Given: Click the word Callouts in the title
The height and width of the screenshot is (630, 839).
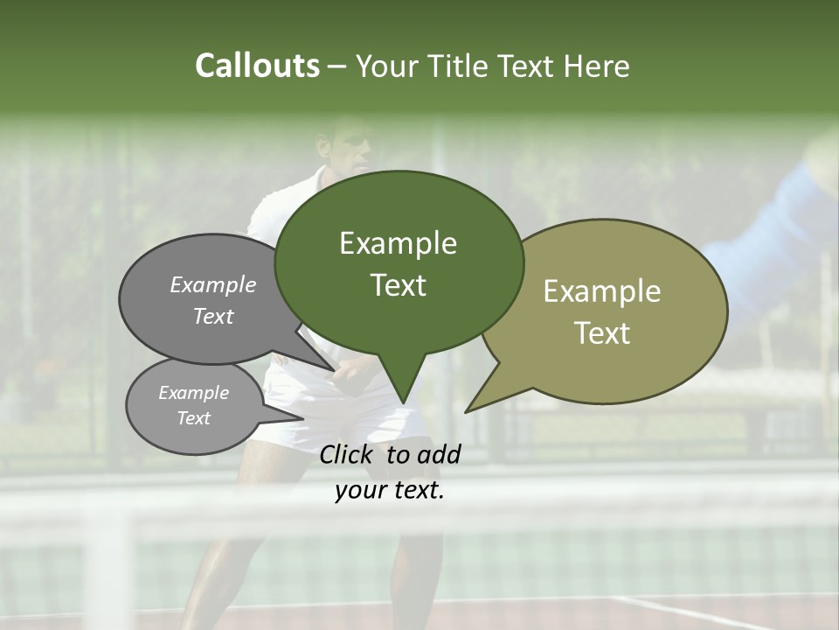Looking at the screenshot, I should point(257,66).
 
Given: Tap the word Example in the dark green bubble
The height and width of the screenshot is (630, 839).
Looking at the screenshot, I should point(398,243).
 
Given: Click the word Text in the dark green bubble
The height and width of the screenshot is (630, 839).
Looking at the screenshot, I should point(398,285).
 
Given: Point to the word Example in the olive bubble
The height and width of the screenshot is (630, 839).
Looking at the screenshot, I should point(602,291).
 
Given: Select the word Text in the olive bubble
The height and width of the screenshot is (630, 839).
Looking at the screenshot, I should point(602,333).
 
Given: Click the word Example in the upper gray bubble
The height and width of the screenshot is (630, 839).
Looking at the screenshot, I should point(213,285).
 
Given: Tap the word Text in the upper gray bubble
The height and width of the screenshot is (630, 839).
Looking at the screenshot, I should point(213,316).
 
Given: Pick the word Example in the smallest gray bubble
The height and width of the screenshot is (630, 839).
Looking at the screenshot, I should point(193,393).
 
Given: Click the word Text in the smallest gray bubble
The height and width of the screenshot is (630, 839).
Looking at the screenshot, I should point(193,418).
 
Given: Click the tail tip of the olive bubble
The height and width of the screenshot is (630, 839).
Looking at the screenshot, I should point(467,410).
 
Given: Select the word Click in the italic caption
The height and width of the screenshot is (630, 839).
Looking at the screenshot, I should point(347,454).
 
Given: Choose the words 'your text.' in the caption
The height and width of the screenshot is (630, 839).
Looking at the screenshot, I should point(390,491).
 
